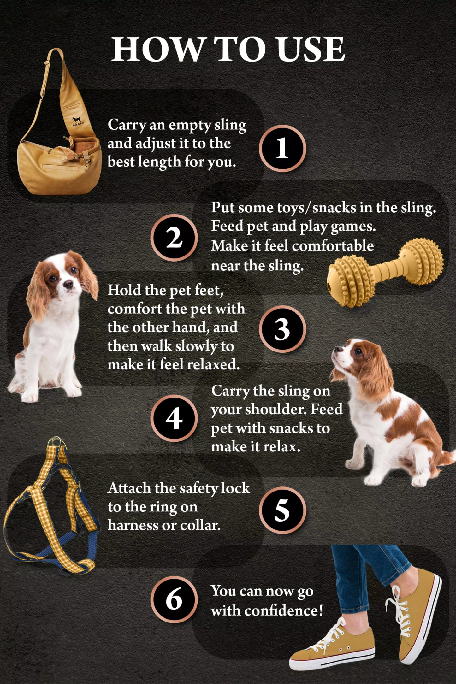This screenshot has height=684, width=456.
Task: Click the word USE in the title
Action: [x=311, y=49]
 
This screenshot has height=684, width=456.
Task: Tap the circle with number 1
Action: [x=282, y=148]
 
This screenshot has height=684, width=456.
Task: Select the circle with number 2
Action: [x=174, y=238]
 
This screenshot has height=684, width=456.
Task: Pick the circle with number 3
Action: [x=282, y=329]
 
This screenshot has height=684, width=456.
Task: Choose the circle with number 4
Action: [x=174, y=418]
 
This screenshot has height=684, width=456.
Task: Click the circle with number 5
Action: [x=282, y=510]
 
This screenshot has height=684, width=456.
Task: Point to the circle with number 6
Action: [x=174, y=599]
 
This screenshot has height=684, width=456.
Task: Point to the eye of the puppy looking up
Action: [x=358, y=351]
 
